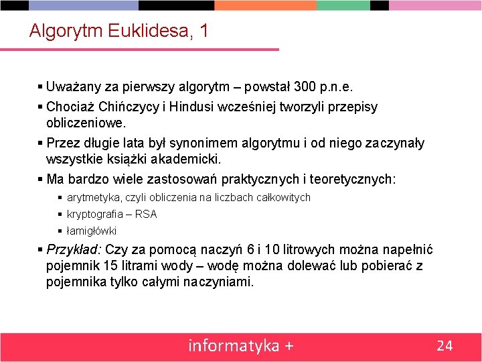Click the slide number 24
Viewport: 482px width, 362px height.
(x=445, y=346)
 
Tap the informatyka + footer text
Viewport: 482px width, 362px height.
(x=241, y=346)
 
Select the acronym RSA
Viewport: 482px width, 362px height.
(x=146, y=215)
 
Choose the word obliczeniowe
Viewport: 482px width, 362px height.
(x=86, y=124)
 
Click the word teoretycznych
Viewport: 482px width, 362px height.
(x=354, y=180)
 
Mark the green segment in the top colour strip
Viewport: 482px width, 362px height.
(x=343, y=5)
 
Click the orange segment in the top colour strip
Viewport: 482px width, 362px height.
(x=265, y=5)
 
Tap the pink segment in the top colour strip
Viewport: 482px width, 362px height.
(x=435, y=5)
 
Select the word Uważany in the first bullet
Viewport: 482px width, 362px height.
(x=69, y=87)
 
